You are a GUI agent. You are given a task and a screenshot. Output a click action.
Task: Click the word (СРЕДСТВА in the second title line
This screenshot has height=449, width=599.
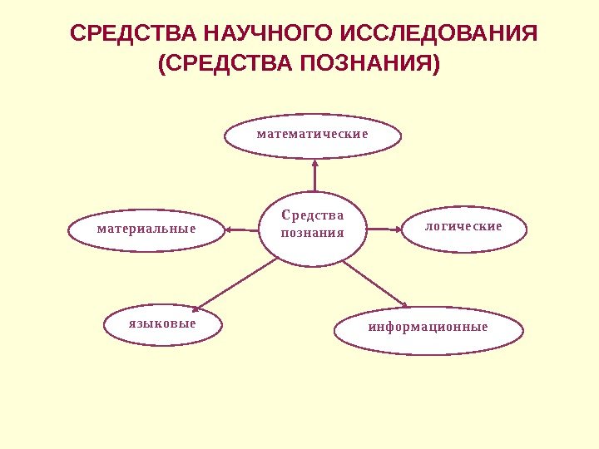(223, 64)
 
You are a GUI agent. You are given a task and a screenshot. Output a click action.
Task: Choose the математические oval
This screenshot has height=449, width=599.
(313, 135)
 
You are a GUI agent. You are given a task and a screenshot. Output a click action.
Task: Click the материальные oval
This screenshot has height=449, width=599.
(146, 229)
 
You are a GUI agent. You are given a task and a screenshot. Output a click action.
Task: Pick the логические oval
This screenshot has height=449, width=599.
(463, 227)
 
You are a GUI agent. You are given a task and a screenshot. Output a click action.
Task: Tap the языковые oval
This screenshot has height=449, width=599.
(163, 324)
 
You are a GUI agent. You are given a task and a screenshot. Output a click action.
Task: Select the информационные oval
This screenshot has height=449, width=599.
(428, 328)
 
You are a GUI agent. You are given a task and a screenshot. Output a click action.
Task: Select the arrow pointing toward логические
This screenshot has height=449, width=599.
(384, 227)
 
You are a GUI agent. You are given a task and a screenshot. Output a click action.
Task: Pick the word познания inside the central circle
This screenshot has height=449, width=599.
(313, 234)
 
